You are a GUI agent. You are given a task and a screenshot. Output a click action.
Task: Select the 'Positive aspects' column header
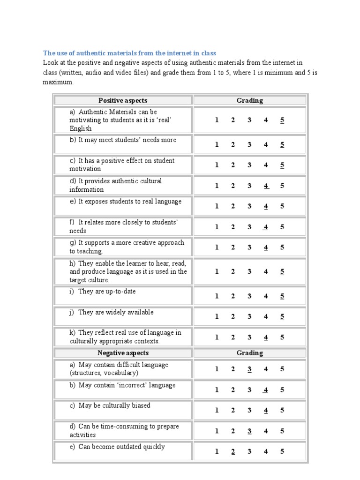123,100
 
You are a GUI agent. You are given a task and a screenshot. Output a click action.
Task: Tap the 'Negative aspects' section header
123,353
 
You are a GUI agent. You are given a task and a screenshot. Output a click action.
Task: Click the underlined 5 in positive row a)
282,120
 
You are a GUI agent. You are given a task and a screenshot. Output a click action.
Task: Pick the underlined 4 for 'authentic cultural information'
266,186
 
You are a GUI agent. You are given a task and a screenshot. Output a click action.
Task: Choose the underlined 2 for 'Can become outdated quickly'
233,452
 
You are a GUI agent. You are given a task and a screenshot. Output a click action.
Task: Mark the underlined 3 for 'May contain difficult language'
249,369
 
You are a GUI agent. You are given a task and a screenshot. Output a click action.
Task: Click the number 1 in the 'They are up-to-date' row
217,296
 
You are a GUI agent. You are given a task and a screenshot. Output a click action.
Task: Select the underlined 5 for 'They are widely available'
282,317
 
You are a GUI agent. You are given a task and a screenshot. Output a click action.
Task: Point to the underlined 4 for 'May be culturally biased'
266,411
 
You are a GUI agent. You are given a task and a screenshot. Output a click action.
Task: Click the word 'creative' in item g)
136,243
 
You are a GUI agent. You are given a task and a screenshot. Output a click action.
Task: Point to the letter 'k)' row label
72,333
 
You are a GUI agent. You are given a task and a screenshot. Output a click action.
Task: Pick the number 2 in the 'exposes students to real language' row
233,206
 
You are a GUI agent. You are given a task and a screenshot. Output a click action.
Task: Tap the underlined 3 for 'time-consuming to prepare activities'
249,431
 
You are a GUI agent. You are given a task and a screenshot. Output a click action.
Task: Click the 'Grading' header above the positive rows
250,100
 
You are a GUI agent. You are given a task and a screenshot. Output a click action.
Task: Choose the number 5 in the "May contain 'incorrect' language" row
282,390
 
